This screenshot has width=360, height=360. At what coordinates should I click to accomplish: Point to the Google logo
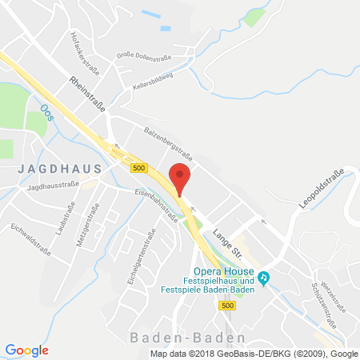coord(27,350)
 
